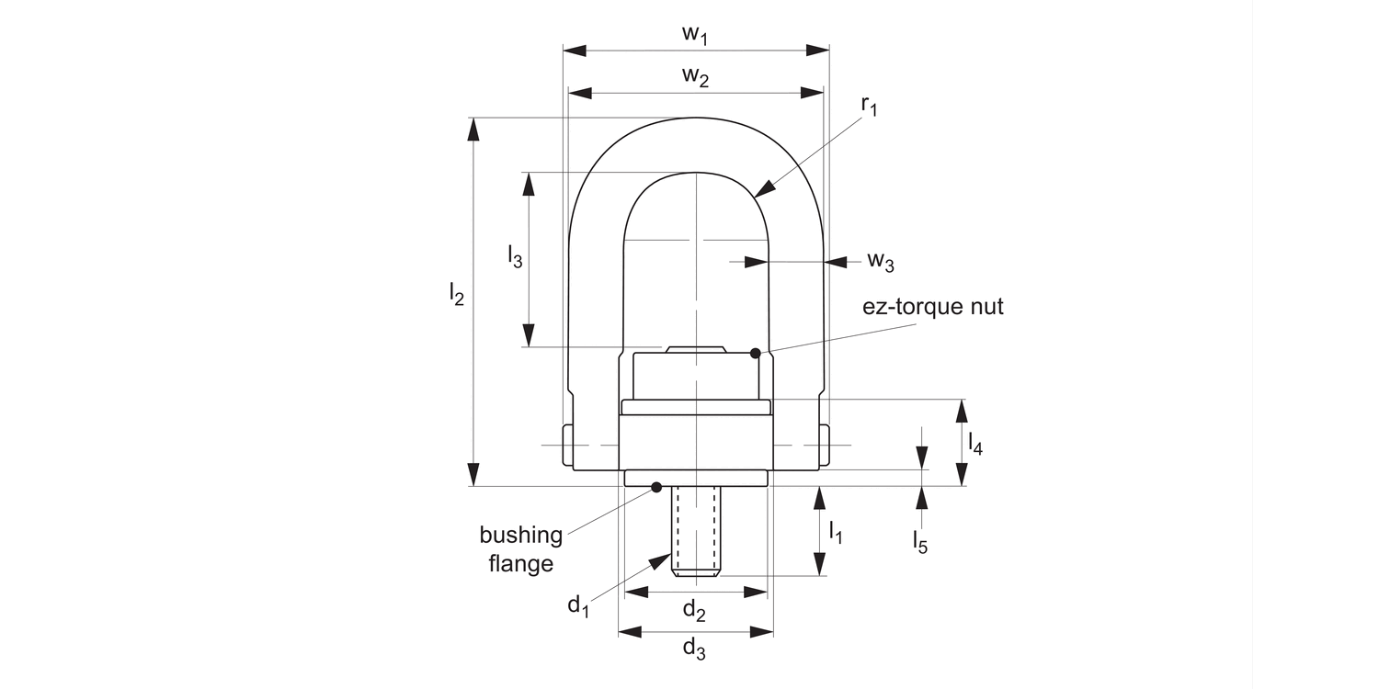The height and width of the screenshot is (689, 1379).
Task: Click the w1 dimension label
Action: click(x=696, y=35)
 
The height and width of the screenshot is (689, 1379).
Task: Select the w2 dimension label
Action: click(x=696, y=77)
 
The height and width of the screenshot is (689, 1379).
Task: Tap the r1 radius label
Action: click(x=869, y=106)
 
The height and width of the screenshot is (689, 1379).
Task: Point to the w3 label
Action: click(x=880, y=262)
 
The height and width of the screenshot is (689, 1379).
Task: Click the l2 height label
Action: click(x=456, y=294)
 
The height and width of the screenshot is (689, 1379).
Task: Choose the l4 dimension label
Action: click(x=975, y=446)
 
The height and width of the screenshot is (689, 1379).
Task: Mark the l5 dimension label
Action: click(x=920, y=542)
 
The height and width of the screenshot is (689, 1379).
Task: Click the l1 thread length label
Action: click(x=836, y=532)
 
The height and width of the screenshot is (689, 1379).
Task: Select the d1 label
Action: click(x=577, y=604)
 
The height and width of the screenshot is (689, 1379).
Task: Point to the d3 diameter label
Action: click(x=694, y=649)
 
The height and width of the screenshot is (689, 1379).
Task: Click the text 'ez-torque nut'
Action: click(x=932, y=307)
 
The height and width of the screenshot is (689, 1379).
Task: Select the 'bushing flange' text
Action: click(x=520, y=548)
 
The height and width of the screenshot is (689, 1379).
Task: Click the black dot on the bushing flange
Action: click(x=656, y=487)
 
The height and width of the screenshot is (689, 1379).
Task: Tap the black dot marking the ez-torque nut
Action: click(x=756, y=354)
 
